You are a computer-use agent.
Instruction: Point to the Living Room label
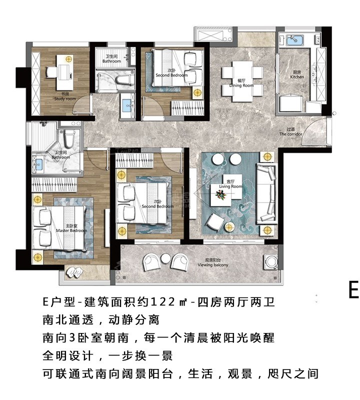click(x=230, y=185)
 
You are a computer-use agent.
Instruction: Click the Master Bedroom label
click(x=71, y=229)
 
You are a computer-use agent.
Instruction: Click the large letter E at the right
click(x=353, y=290)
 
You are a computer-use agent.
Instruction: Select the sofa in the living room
click(x=266, y=193)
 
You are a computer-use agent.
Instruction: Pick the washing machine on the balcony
click(x=271, y=262)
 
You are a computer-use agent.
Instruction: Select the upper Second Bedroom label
click(x=171, y=74)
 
